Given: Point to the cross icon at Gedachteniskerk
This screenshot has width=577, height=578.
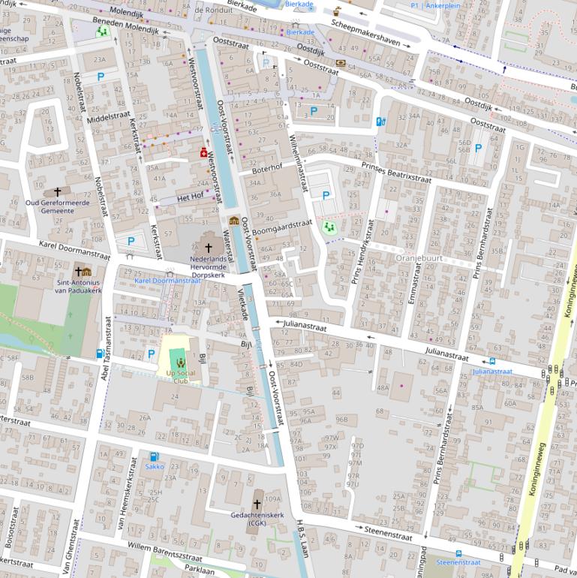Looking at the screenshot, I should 257,504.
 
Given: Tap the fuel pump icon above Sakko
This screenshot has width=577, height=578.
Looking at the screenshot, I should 154,456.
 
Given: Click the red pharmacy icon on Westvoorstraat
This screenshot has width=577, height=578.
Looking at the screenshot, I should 203,152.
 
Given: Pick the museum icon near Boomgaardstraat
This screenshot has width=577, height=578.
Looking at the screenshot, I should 234,221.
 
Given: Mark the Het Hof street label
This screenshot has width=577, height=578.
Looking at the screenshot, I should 190,197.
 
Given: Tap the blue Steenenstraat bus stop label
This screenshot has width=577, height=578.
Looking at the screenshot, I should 458,561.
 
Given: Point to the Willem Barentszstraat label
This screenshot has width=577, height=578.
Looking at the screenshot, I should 164,552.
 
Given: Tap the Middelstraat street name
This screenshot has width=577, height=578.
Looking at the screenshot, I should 109,117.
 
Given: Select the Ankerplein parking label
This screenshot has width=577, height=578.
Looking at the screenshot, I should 441,5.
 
